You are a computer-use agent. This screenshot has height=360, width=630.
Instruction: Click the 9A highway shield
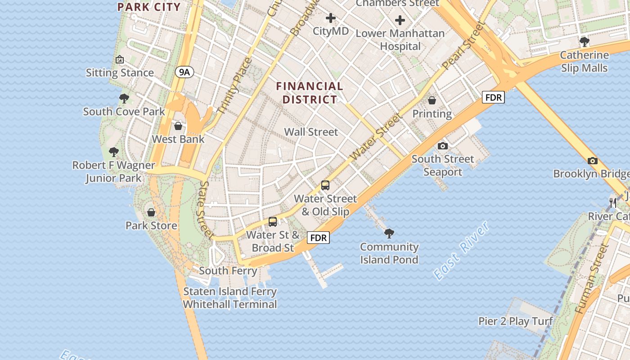click(184, 72)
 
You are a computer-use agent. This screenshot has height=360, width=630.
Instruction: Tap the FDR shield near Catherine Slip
click(493, 97)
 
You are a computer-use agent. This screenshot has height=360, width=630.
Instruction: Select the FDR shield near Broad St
click(318, 237)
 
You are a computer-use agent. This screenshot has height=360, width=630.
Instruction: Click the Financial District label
click(310, 93)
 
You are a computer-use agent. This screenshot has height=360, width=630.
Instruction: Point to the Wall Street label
click(311, 132)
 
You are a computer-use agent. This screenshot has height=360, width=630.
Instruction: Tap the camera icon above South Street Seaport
click(443, 146)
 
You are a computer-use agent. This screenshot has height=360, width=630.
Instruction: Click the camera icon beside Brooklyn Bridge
click(593, 161)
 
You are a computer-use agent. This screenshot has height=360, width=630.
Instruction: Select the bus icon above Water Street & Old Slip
click(325, 185)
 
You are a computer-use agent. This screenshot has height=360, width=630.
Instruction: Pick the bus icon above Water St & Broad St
click(273, 221)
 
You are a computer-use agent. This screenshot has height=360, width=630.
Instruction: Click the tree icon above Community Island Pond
click(389, 233)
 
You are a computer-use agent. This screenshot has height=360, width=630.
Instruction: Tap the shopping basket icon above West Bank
click(178, 126)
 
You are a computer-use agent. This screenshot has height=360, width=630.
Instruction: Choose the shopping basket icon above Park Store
click(151, 212)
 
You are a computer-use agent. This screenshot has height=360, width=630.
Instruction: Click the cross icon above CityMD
click(331, 18)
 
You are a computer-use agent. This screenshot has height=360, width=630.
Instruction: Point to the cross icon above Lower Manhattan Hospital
click(400, 20)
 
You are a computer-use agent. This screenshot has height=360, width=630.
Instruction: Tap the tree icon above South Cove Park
click(124, 98)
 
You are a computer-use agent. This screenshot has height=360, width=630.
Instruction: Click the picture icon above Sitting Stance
click(120, 59)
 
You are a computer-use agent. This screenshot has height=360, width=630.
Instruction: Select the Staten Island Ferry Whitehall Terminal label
click(230, 298)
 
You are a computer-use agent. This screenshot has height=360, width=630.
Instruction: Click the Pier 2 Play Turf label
click(515, 321)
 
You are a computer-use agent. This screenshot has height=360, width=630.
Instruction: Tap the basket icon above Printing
click(432, 100)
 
